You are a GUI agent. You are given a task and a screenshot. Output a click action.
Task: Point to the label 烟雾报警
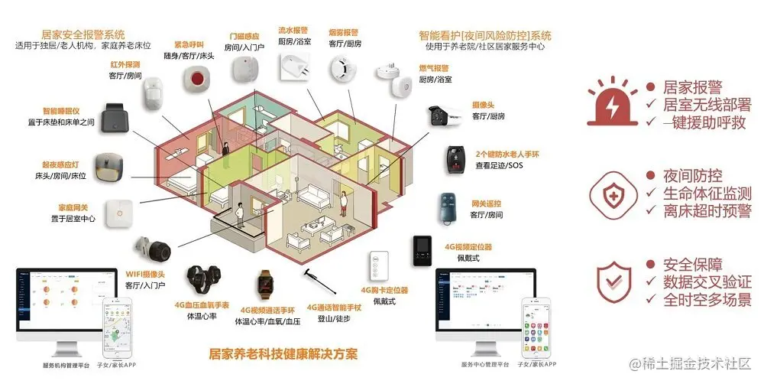pos(343,33)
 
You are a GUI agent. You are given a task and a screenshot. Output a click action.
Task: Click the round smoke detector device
pos(343,69)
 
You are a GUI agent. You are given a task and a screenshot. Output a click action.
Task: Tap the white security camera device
pos(446,116)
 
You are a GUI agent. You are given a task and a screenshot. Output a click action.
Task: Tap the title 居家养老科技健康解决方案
pos(283,354)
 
